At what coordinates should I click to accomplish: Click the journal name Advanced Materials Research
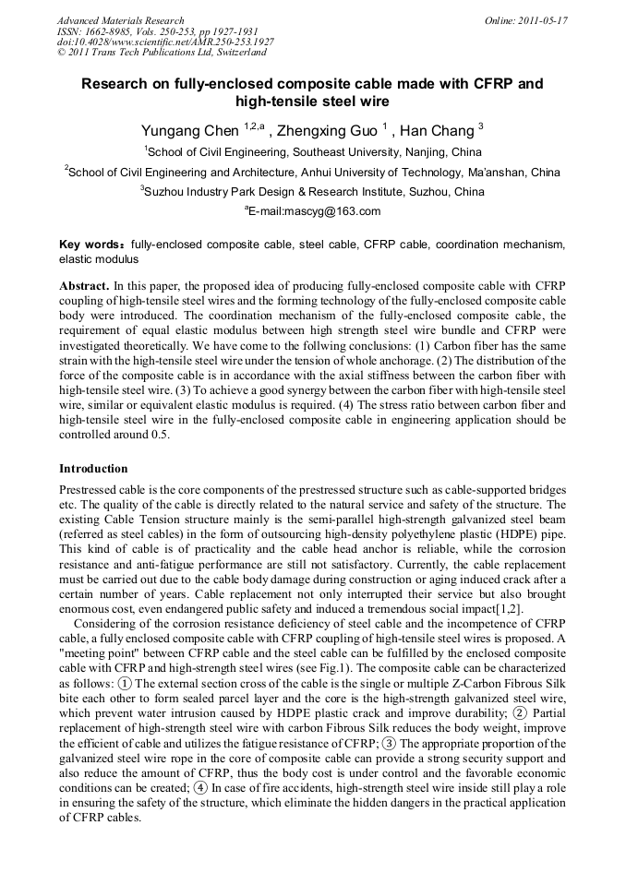pos(120,20)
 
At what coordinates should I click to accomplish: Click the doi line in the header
pos(165,42)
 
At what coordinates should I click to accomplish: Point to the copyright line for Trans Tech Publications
pos(162,53)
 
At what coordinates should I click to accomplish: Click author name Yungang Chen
pos(189,130)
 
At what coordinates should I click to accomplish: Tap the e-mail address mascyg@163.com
pos(317,212)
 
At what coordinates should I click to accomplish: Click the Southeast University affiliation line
pos(314,152)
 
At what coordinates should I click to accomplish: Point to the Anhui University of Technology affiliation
pos(314,173)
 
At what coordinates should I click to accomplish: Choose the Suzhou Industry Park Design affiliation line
pos(314,192)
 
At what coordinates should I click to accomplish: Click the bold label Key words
pos(90,245)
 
